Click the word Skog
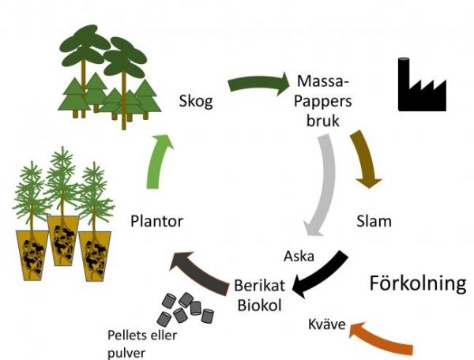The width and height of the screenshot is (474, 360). pyautogui.click(x=196, y=102)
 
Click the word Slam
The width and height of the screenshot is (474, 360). pyautogui.click(x=374, y=221)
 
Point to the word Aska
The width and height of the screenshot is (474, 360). pyautogui.click(x=299, y=256)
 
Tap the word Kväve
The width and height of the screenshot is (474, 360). pyautogui.click(x=325, y=326)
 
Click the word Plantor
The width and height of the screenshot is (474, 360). pyautogui.click(x=156, y=221)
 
